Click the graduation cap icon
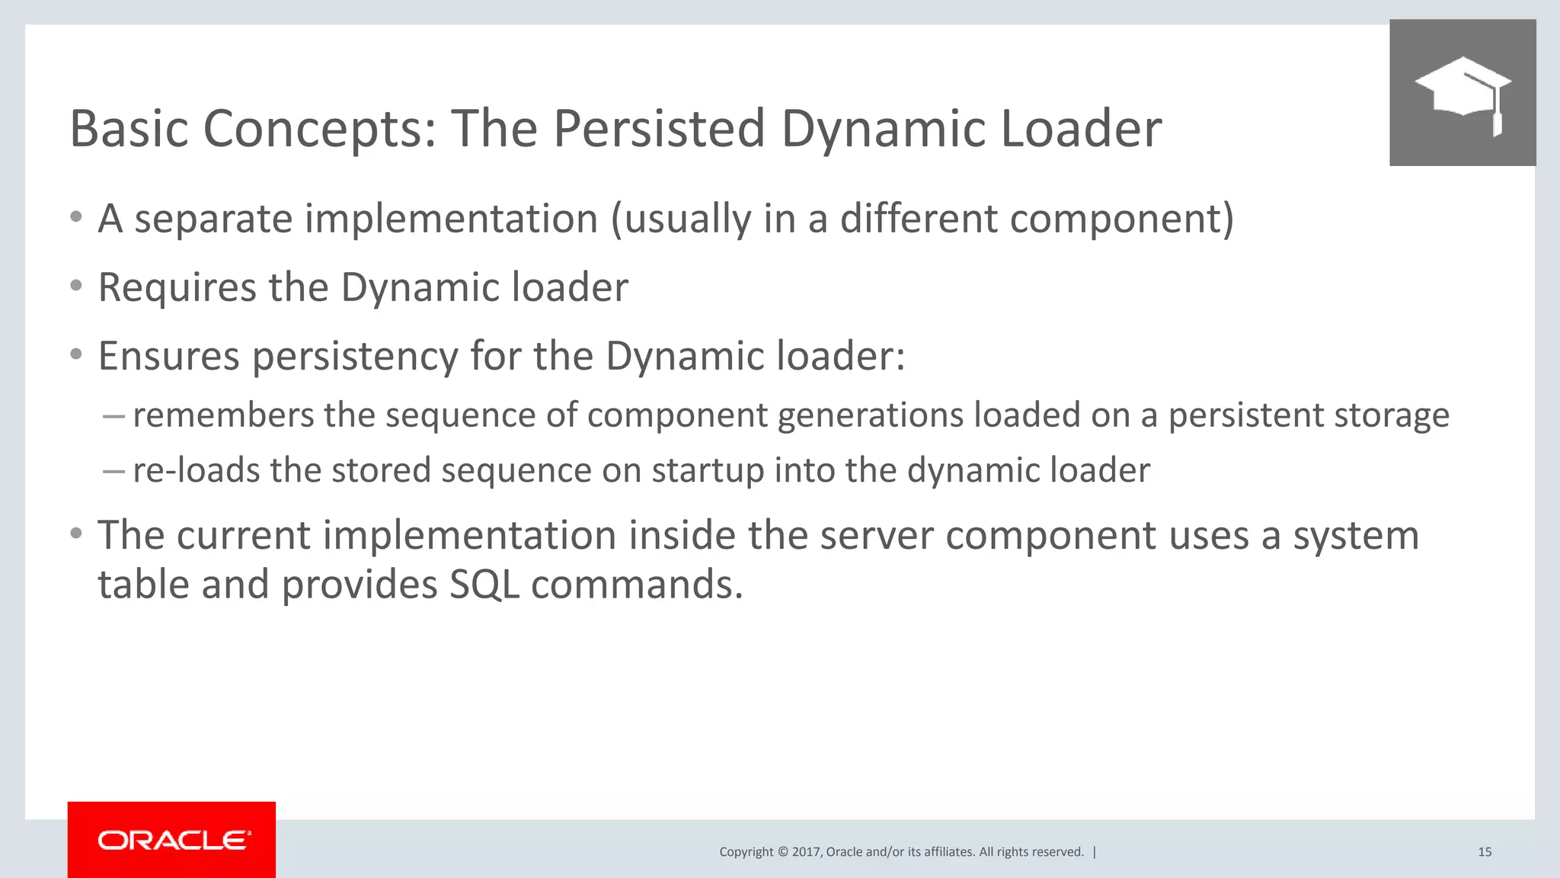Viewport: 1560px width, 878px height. (1462, 93)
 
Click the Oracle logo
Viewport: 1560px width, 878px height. (173, 840)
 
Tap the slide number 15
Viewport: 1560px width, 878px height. (1484, 852)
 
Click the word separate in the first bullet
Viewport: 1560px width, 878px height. (213, 219)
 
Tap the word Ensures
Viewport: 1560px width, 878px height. (168, 356)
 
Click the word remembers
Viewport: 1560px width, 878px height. (223, 415)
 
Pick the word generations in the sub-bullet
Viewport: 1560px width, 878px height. (870, 416)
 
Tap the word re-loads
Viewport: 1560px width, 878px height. (196, 470)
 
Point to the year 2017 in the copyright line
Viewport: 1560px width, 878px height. (805, 852)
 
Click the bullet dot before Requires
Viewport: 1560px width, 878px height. (75, 287)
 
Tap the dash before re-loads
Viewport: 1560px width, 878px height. (113, 471)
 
